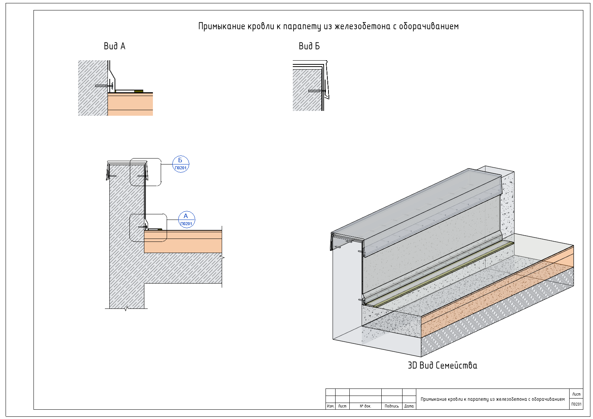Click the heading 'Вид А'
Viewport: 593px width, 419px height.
(x=114, y=46)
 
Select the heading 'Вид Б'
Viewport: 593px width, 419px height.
(x=309, y=46)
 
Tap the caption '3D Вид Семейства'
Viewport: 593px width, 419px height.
(x=442, y=365)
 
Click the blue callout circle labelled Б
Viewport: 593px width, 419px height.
(x=180, y=164)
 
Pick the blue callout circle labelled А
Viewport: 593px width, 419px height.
(x=186, y=220)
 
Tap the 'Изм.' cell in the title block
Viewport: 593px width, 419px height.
(x=330, y=406)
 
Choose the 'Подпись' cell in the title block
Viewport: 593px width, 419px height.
(x=391, y=406)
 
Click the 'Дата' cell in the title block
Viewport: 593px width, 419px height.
(x=409, y=406)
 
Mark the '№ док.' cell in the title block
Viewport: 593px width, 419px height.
(x=365, y=406)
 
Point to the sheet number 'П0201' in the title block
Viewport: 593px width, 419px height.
(x=576, y=404)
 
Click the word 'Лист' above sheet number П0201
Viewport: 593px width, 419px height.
(x=576, y=394)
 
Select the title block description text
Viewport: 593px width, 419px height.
(x=493, y=399)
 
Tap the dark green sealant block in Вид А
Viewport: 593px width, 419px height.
(x=139, y=92)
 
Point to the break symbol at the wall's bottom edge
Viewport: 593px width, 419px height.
(x=126, y=308)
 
